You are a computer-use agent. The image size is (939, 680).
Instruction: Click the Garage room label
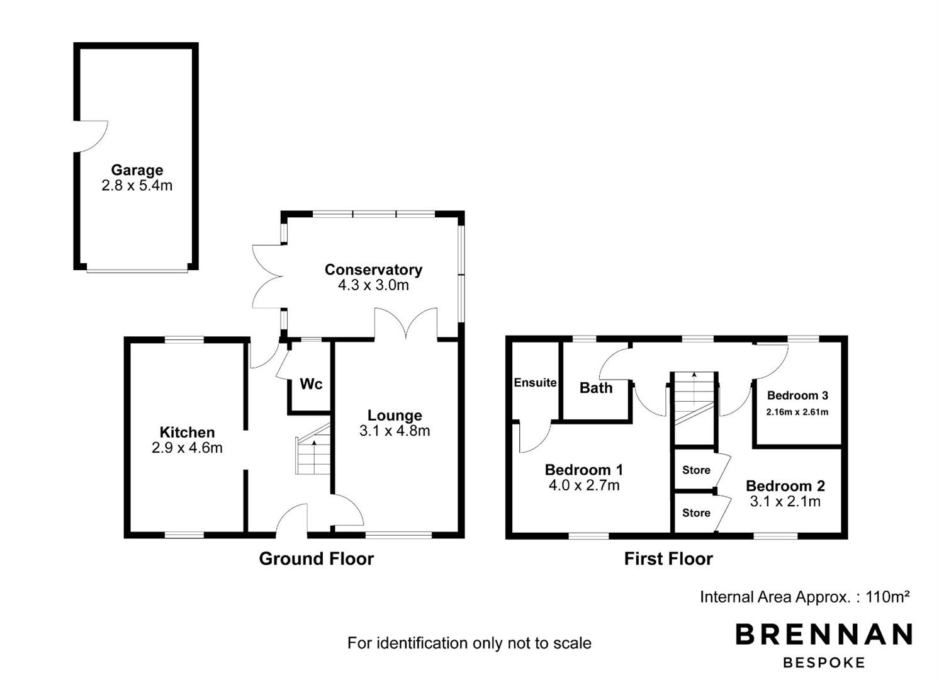[137, 170]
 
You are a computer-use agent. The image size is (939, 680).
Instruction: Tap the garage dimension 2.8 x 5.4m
[137, 185]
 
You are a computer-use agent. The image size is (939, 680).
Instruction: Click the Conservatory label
[373, 269]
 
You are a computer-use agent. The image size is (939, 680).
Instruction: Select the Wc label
[311, 384]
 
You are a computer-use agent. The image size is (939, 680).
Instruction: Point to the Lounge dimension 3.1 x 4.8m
[395, 431]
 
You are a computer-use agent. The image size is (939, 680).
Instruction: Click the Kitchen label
[188, 433]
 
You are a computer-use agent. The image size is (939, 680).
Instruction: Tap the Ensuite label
[536, 383]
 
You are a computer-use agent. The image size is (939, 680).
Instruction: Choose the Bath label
[596, 388]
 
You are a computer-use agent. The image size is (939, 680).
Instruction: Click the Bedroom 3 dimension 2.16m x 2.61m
[797, 412]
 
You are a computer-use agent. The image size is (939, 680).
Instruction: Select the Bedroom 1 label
[584, 470]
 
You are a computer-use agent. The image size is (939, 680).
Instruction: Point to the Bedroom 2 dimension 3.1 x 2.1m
[785, 501]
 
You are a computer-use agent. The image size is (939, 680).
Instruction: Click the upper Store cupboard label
[696, 470]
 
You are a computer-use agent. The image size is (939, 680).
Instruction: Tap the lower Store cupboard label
[696, 513]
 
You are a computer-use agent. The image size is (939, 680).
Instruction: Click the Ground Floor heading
[317, 558]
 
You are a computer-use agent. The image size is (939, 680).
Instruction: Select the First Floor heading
[668, 558]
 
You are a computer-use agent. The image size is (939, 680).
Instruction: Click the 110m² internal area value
[888, 596]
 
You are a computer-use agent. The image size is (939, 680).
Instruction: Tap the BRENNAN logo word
[824, 634]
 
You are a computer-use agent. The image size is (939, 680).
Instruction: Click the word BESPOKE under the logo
[824, 663]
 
